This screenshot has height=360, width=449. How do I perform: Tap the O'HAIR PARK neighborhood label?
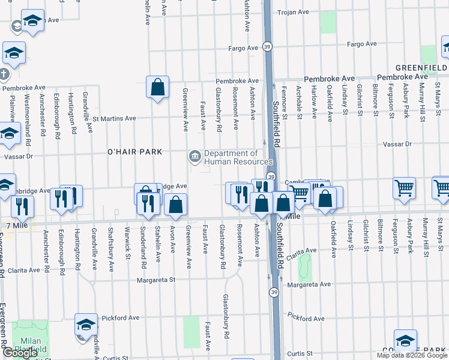pyautogui.click(x=135, y=152)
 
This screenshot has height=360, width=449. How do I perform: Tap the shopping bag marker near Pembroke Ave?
pyautogui.click(x=157, y=88)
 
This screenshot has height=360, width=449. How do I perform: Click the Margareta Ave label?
pyautogui.click(x=309, y=284)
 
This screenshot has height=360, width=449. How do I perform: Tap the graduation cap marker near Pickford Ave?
pyautogui.click(x=86, y=325)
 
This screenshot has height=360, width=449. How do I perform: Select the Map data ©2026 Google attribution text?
pyautogui.click(x=411, y=355)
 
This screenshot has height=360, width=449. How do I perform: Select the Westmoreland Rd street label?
pyautogui.click(x=27, y=120)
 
